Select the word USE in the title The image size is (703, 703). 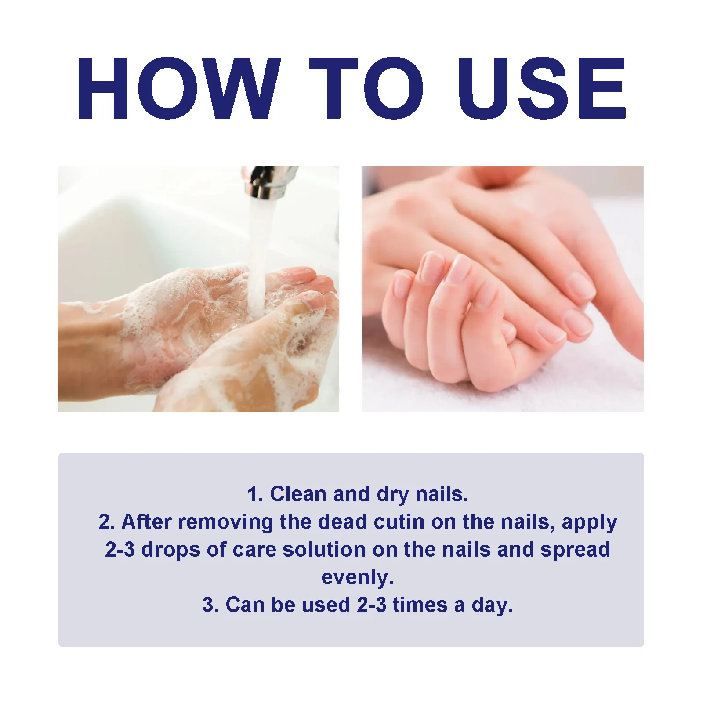[x=541, y=88]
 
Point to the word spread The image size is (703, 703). [x=575, y=550]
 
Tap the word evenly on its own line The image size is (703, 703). [x=357, y=578]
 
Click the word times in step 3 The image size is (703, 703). [x=420, y=605]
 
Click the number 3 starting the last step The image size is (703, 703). [x=207, y=605]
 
